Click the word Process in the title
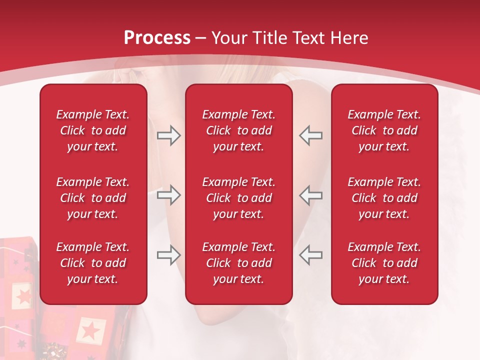157,38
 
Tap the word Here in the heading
350,38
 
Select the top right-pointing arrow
168,135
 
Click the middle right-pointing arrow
168,195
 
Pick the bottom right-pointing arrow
168,255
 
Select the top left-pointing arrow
310,135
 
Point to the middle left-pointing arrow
310,195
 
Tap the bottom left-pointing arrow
310,255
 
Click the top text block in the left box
93,130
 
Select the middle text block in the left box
93,198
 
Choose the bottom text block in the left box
93,263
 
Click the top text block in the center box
238,130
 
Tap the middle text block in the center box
238,198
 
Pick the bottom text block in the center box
238,263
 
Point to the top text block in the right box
384,130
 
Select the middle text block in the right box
384,198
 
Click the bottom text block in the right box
384,263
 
